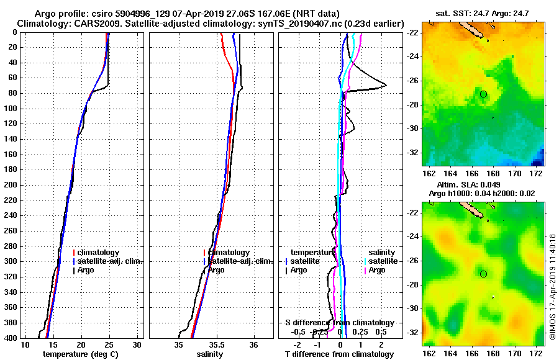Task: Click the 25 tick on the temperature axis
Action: tap(109, 344)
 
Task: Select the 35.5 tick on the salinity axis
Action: tap(217, 344)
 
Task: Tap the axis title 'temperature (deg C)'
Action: tap(80, 354)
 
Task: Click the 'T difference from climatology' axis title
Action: tap(339, 354)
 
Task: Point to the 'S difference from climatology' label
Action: tap(339, 323)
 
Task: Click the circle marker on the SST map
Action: tap(483, 94)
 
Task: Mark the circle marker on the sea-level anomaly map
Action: tap(483, 274)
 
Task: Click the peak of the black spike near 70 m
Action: tap(386, 85)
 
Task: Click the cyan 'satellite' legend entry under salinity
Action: tap(381, 261)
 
